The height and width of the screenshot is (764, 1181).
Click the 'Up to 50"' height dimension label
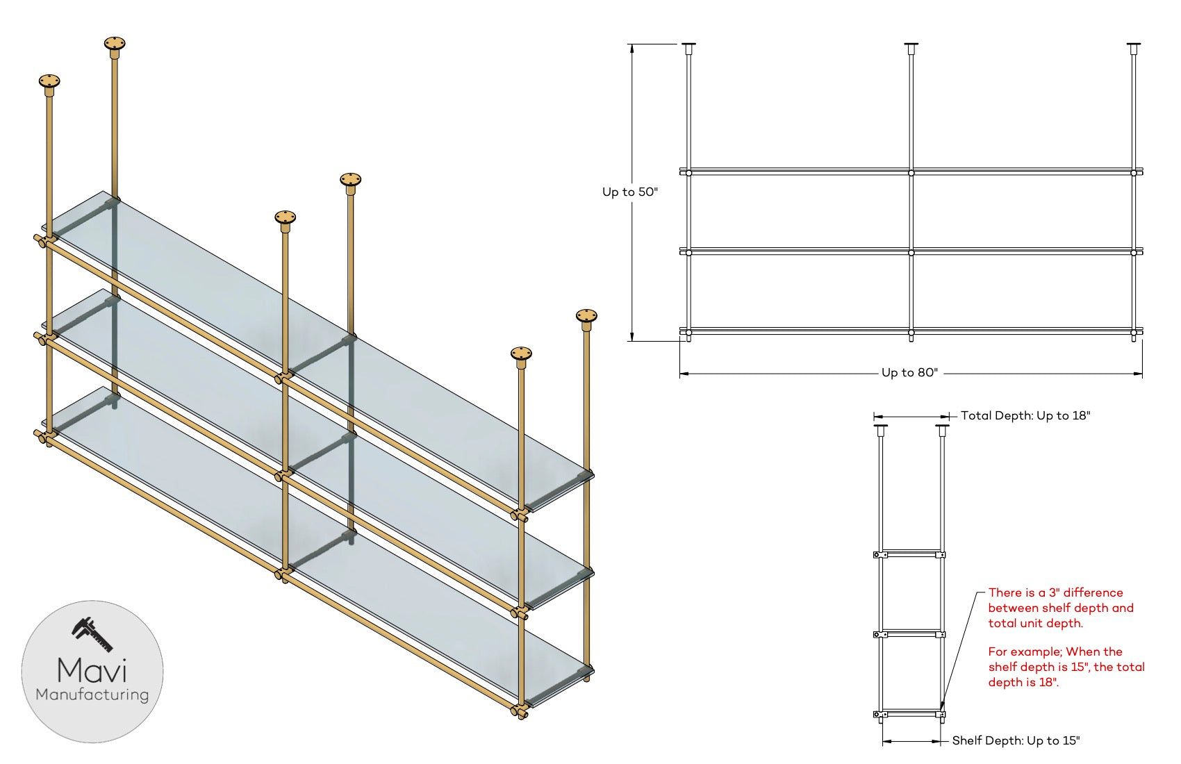click(x=629, y=192)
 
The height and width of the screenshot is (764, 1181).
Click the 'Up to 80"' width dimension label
click(x=909, y=373)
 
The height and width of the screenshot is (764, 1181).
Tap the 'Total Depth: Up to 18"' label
click(x=1025, y=416)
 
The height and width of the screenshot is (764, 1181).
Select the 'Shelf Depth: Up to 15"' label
click(x=1016, y=741)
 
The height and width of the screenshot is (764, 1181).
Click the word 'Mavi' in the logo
click(x=92, y=670)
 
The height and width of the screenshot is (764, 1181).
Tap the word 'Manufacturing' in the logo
click(x=92, y=695)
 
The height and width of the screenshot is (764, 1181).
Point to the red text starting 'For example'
click(x=1066, y=667)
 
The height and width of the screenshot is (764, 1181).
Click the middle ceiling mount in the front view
click(x=911, y=48)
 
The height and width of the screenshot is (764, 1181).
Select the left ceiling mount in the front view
click(x=688, y=48)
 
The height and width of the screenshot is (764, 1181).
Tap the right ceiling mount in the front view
click(x=1134, y=48)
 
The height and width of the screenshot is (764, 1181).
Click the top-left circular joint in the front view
click(x=688, y=173)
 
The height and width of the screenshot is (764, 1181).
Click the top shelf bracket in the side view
click(x=910, y=554)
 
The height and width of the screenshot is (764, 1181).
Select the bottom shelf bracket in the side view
click(x=910, y=714)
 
